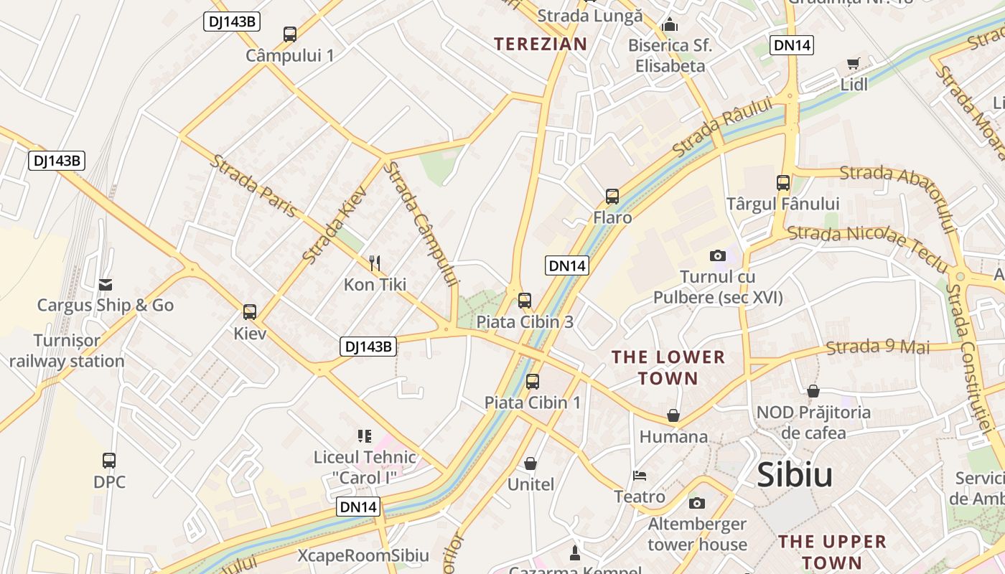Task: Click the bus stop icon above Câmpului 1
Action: [x=290, y=34]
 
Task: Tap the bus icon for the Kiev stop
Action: [x=250, y=312]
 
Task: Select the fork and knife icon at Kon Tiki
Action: [x=374, y=263]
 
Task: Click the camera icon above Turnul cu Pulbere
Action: [x=717, y=255]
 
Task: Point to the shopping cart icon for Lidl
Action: [x=853, y=63]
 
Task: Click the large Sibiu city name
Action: [x=795, y=475]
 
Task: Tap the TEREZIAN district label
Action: [x=541, y=44]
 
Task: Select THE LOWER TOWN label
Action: [x=668, y=367]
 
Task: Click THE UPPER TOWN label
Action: [x=832, y=551]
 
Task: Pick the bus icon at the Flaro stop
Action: [x=612, y=196]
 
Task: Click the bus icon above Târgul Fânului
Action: [x=783, y=183]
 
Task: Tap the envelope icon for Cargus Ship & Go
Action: [x=106, y=285]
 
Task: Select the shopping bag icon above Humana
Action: [x=673, y=415]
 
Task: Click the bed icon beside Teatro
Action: [x=640, y=476]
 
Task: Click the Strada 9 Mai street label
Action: [x=877, y=347]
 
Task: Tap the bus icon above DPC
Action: [x=109, y=460]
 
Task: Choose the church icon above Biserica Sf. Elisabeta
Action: [x=670, y=25]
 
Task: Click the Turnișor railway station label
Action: [x=67, y=350]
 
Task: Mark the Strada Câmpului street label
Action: [x=421, y=224]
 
